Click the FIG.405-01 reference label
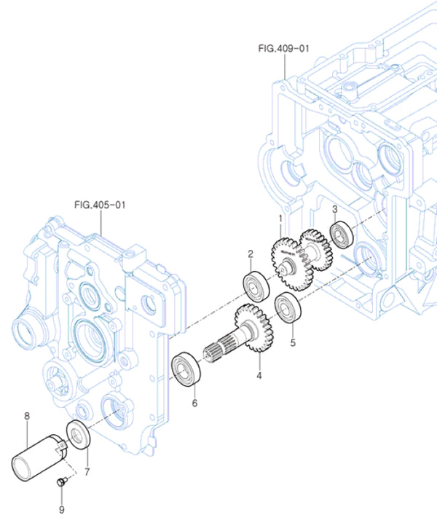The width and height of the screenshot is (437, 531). pos(100,205)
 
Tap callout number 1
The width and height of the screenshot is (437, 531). pos(279,218)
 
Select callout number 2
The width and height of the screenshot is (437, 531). pos(250,254)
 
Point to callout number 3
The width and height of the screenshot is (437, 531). pos(334,210)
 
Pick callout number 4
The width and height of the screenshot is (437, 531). pos(259,377)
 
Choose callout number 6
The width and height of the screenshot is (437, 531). pos(194,402)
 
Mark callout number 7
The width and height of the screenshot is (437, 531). pos(87,472)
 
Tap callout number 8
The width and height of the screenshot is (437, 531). pos(27,416)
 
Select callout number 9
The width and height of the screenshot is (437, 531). pos(61,510)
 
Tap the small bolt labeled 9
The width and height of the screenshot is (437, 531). pos(63,481)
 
